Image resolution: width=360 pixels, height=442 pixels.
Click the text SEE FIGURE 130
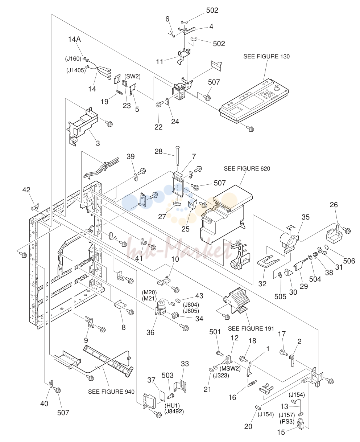coord(266,56)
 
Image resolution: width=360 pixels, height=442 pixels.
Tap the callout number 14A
coord(74,40)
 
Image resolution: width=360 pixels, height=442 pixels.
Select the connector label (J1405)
coord(76,70)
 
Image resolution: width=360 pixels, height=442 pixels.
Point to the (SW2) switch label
coord(132,77)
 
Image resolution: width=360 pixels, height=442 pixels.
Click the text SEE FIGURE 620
coord(247,168)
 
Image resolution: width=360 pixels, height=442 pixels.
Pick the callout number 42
coord(26,190)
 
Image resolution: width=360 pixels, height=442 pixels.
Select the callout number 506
coord(349,261)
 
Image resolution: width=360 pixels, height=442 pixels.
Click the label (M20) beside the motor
coord(149,292)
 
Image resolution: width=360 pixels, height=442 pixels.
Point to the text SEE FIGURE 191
coord(251,328)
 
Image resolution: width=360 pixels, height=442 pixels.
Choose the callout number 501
coord(215,332)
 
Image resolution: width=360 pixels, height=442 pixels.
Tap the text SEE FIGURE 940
coord(111,392)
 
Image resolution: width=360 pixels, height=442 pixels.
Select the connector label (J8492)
coord(174,412)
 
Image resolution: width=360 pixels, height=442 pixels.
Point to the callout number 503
coord(167,375)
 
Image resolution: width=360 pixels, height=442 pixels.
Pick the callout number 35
coord(306,217)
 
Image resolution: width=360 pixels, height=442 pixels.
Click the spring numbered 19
coord(119,92)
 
